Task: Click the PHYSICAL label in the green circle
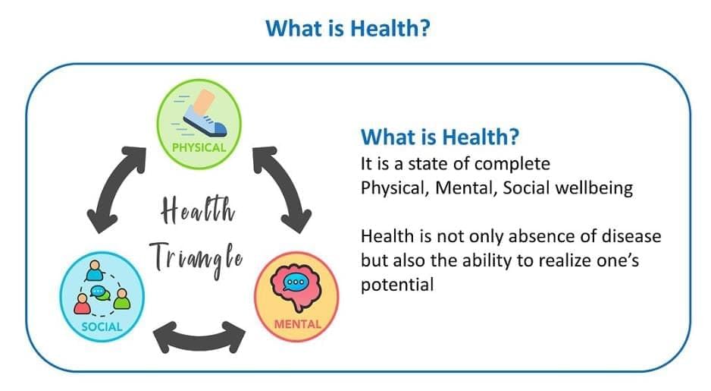click(199, 147)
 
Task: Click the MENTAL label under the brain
click(297, 324)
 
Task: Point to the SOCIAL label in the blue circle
click(102, 326)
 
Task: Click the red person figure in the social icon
click(82, 304)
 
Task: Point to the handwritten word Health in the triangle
click(198, 210)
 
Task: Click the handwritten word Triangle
click(196, 258)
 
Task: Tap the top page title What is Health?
click(348, 28)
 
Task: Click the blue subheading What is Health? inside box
click(440, 137)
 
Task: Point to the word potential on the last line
click(397, 285)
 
